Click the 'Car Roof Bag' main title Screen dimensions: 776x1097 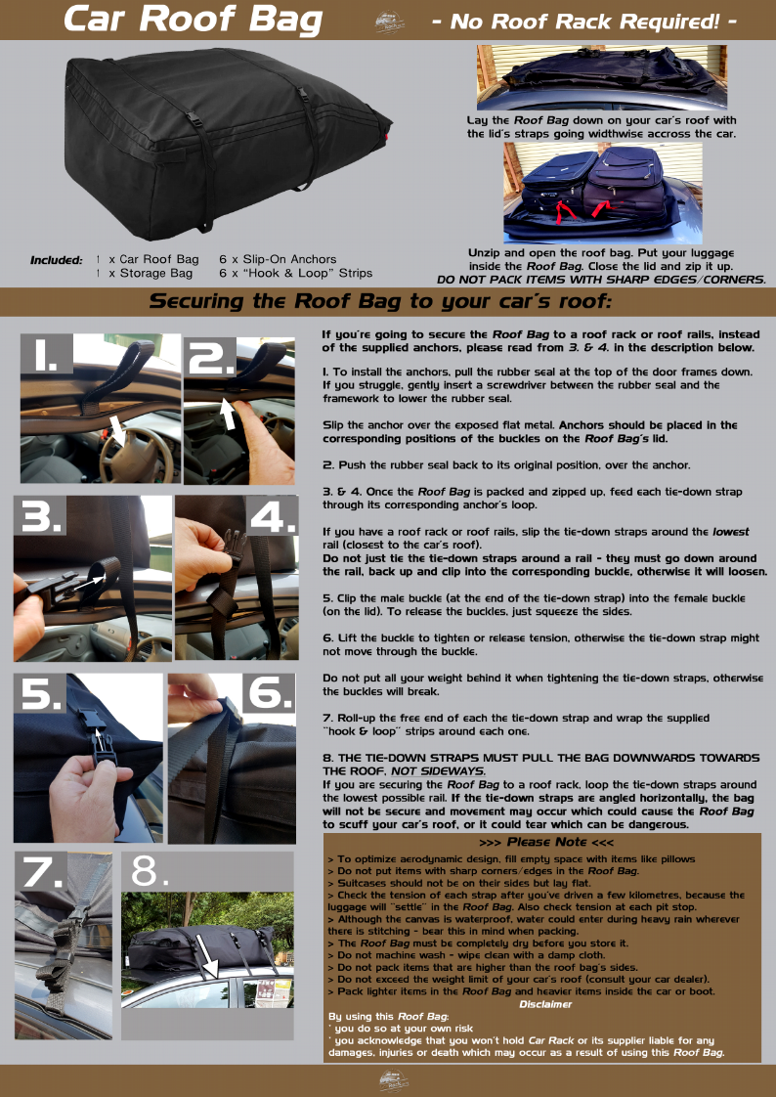[193, 20]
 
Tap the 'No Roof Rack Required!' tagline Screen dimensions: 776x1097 [583, 22]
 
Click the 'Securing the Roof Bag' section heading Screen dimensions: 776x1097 [380, 301]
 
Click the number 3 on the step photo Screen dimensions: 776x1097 [40, 516]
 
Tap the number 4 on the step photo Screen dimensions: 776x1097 [273, 518]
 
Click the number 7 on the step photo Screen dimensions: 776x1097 [41, 872]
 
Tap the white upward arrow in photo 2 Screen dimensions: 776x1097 [228, 412]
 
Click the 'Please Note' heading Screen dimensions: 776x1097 [546, 843]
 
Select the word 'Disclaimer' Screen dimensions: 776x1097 [545, 1004]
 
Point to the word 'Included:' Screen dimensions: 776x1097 [56, 260]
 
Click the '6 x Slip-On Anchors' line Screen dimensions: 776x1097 [278, 259]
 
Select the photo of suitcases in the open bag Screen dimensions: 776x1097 [603, 193]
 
